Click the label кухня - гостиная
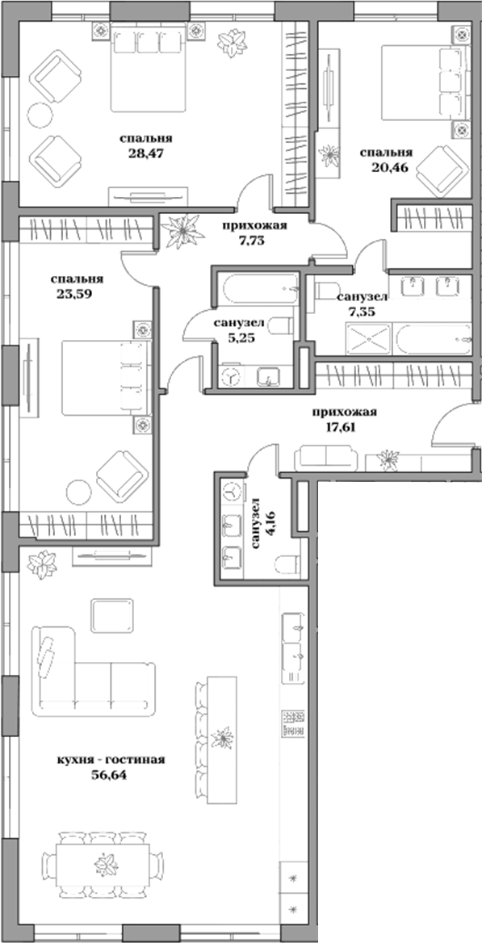(112, 759)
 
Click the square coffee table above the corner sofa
(111, 617)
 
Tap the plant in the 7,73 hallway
(184, 229)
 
